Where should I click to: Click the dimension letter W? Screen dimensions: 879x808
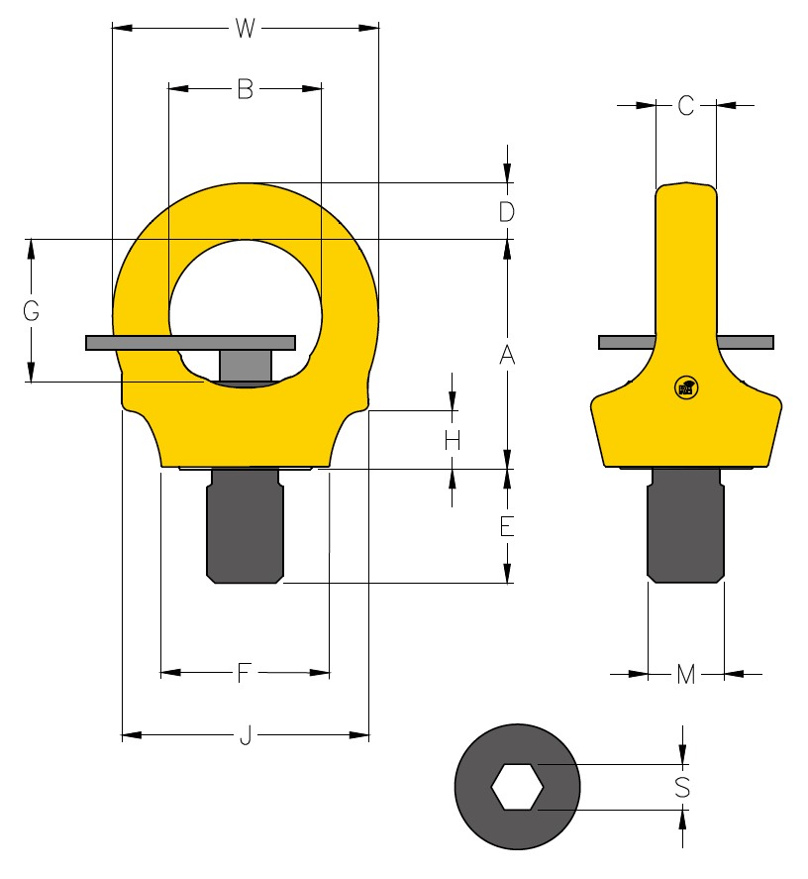pos(245,29)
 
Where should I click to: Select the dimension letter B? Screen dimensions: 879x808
pos(245,90)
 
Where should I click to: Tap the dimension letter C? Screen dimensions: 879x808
pos(686,106)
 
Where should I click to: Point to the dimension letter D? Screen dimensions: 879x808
pos(506,212)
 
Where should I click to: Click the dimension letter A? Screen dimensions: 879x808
pos(506,355)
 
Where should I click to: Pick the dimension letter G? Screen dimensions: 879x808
pos(32,311)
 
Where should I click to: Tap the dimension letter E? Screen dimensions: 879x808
pos(506,526)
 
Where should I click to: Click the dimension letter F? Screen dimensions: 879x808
pos(244,674)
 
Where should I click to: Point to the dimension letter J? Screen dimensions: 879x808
pos(244,736)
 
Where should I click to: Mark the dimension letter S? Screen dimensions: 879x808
pos(682,788)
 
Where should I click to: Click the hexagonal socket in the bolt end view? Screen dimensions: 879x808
pos(518,787)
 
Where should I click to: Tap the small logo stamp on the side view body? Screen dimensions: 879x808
pos(684,388)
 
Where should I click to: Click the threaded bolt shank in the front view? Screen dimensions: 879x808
pos(245,530)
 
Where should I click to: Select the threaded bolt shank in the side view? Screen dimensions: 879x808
pos(685,530)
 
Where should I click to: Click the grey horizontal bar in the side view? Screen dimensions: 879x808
pos(624,343)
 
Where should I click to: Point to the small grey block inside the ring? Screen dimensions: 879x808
pos(245,365)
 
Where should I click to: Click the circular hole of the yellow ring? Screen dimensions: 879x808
pos(245,292)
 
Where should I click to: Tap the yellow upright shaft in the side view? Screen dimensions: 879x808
pos(685,258)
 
